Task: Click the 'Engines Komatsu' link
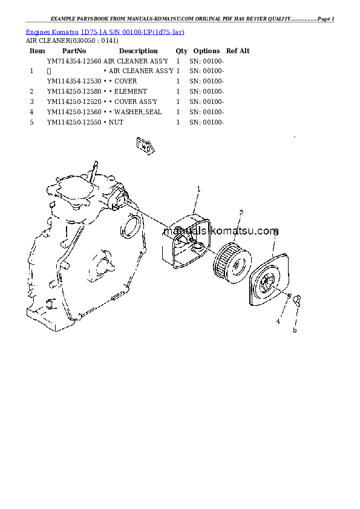coord(52,32)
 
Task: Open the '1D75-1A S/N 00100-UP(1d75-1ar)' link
coord(133,32)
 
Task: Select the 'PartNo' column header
coord(74,51)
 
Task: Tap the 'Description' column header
coord(139,51)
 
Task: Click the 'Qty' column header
coord(182,51)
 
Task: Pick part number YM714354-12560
coord(74,61)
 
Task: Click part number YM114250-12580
coord(74,91)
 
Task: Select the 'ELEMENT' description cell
coord(131,91)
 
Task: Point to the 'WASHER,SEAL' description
coord(138,112)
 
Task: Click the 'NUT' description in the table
coord(116,122)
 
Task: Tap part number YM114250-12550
coord(74,122)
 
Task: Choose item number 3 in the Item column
coord(31,102)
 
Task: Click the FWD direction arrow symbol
coord(145,146)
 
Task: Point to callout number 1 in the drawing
coord(199,189)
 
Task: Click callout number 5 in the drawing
coord(295,330)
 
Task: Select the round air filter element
coord(232,262)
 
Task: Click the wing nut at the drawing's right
coord(297,300)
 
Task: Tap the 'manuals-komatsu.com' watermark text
coord(221,231)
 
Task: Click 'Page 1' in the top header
coord(326,19)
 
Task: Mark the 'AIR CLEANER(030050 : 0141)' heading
coord(72,41)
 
